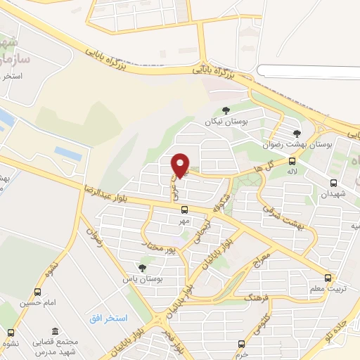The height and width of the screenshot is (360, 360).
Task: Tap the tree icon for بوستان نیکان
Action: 226,110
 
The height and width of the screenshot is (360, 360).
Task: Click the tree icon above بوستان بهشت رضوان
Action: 297,133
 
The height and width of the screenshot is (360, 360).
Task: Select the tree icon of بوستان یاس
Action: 143,268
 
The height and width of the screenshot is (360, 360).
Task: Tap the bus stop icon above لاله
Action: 292,160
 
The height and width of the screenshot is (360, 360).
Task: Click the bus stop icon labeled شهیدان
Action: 334,183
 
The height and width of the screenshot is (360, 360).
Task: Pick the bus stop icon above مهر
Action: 184,210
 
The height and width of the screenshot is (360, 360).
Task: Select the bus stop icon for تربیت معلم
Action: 328,278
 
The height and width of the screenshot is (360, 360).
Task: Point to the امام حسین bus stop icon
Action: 37,292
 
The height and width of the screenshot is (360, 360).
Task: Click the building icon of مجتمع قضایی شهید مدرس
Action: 55,331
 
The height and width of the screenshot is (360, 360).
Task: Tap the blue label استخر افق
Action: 108,319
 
